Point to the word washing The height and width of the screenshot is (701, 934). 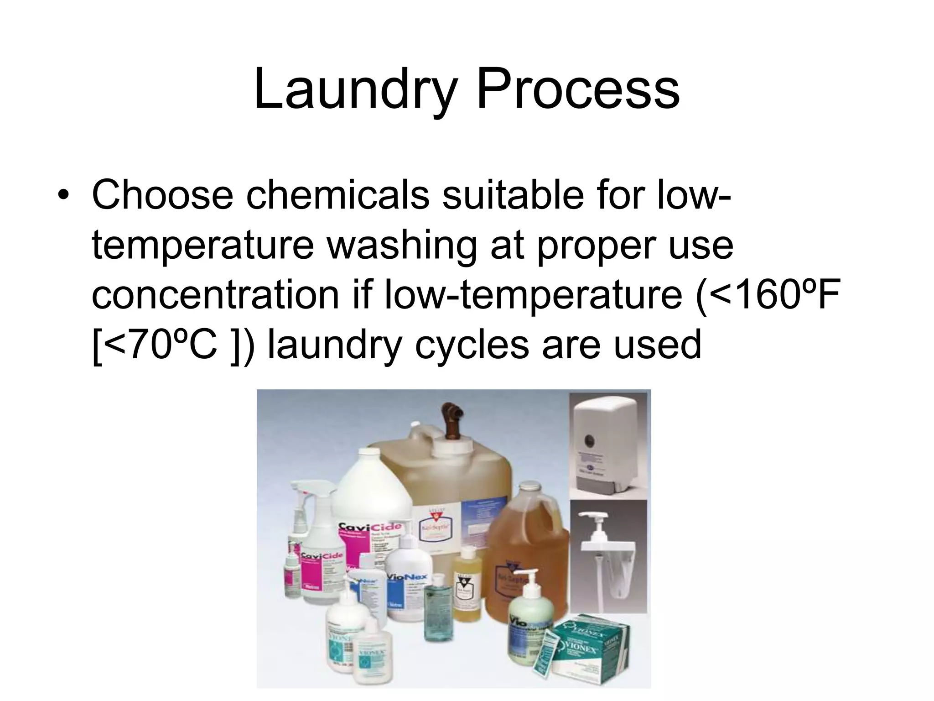pos(402,245)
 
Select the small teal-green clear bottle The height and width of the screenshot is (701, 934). pos(435,602)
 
